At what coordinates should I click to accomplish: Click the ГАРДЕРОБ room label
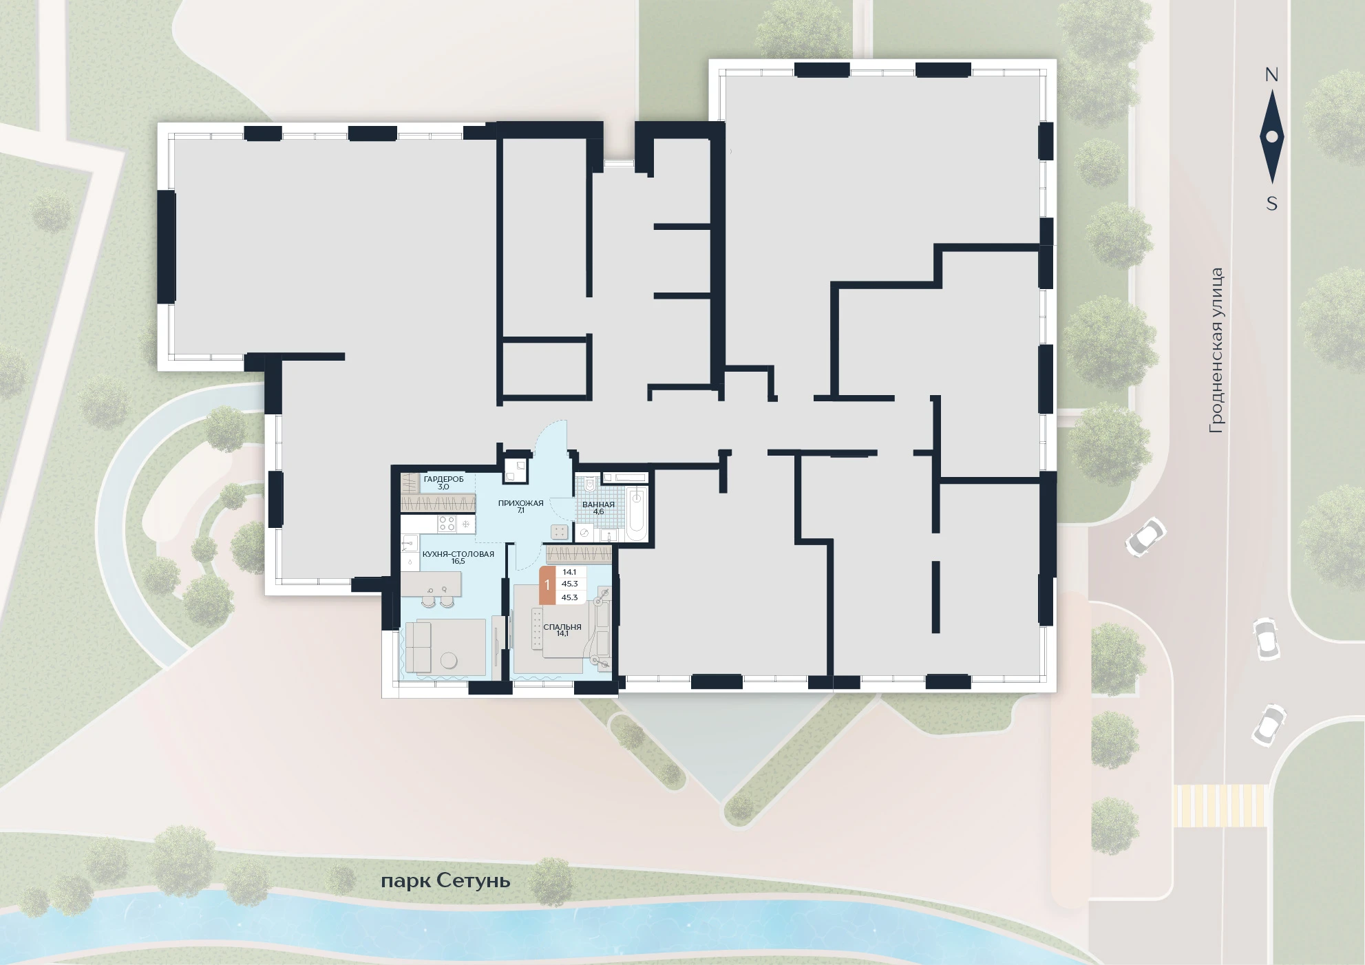(443, 479)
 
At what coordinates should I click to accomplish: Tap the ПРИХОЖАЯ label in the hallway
(520, 503)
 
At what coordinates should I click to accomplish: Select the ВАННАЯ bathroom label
(598, 505)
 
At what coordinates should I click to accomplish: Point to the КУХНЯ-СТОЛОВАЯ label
(458, 554)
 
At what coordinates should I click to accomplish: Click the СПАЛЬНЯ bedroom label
(562, 627)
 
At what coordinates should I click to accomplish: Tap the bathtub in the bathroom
(636, 513)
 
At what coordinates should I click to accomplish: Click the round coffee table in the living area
(449, 659)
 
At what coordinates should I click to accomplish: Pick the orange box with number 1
(547, 585)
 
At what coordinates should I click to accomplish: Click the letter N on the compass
(1271, 75)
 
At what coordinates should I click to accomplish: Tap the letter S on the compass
(1271, 204)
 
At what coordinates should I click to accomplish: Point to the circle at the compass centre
(1271, 137)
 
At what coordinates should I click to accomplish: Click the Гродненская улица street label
(1216, 350)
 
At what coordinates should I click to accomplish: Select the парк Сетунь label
(445, 881)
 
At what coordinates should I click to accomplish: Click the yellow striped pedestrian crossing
(1220, 805)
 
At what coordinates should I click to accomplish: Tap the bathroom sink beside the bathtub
(609, 535)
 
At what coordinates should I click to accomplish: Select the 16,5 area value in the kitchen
(458, 562)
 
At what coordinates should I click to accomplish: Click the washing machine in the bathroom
(584, 533)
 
